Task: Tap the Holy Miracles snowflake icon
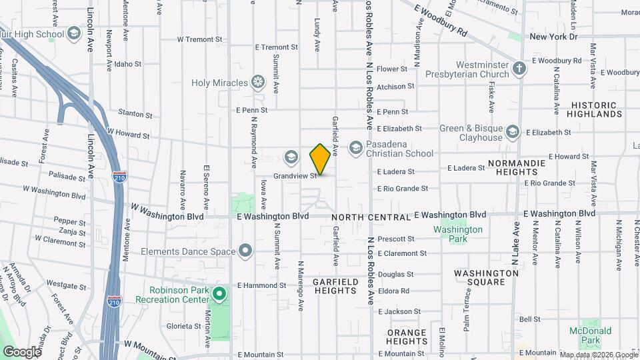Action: point(257,83)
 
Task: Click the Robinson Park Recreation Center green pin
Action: point(219,293)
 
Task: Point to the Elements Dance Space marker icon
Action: point(245,251)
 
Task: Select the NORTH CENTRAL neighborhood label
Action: point(370,217)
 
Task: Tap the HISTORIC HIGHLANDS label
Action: point(594,109)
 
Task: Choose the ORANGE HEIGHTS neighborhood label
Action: point(407,337)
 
